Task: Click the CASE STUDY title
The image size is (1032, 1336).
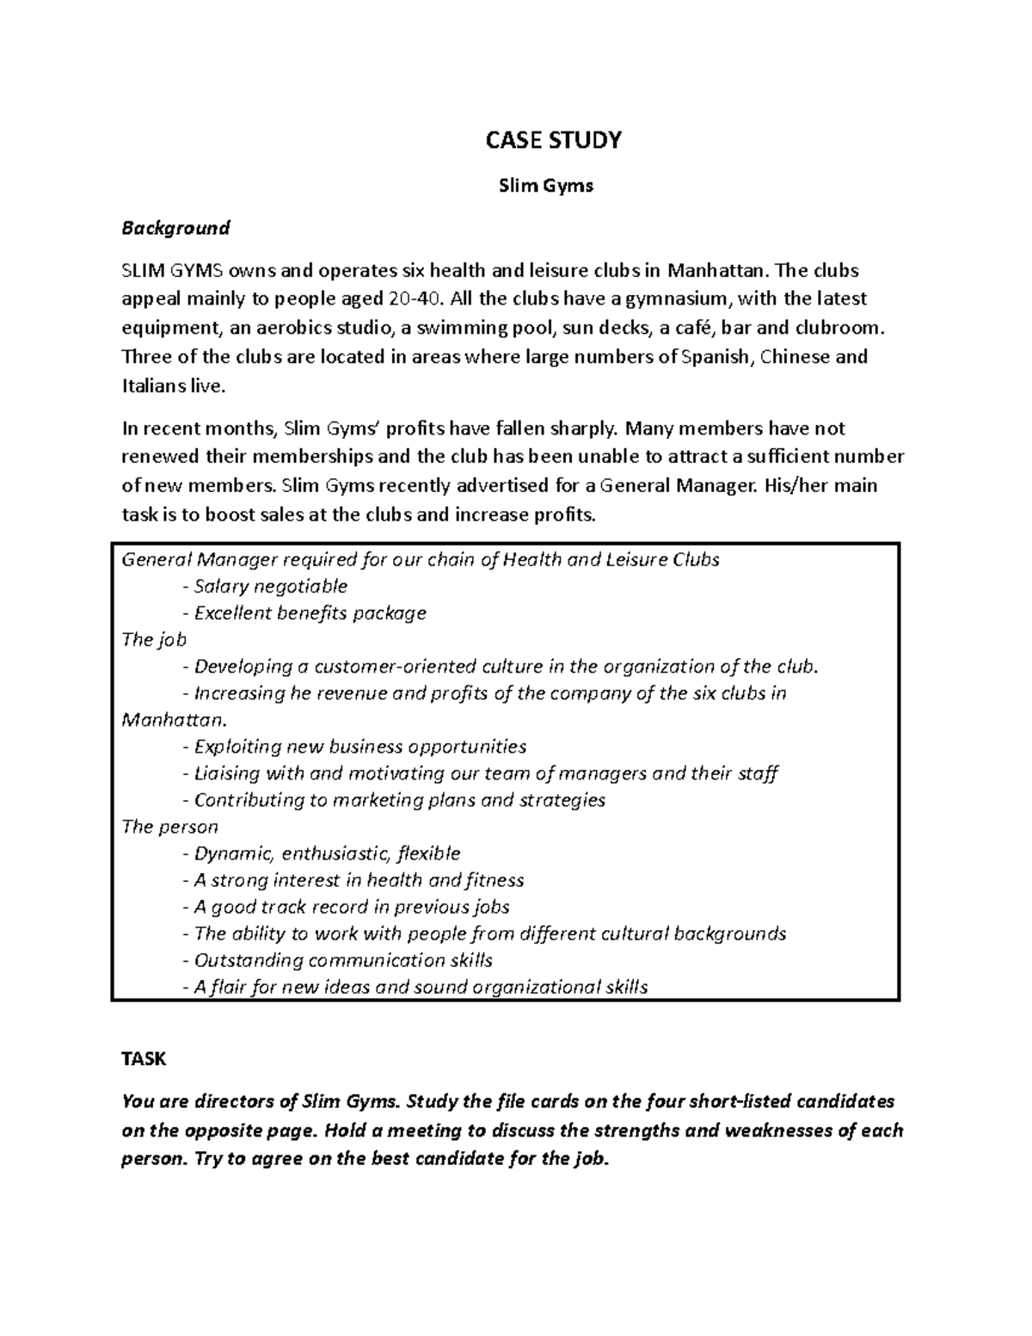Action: click(553, 141)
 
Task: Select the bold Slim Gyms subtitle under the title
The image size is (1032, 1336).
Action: click(546, 186)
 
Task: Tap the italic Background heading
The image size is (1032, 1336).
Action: click(175, 228)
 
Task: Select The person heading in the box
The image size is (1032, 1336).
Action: click(169, 827)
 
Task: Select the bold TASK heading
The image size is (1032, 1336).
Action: click(144, 1060)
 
